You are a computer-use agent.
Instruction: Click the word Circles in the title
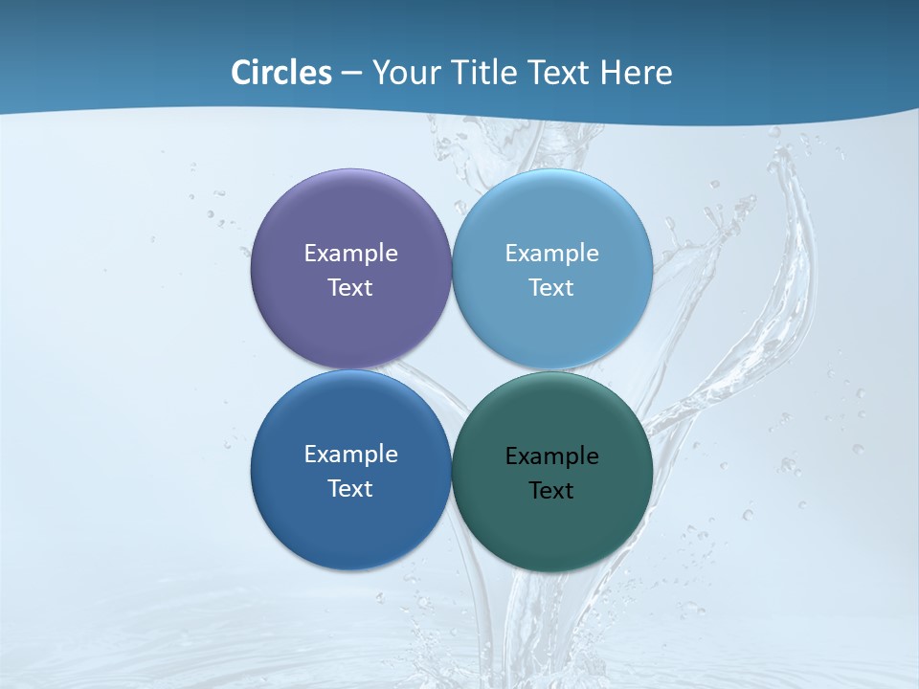(x=280, y=73)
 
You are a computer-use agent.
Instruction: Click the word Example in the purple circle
(x=350, y=254)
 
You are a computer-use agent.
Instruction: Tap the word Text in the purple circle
(x=350, y=288)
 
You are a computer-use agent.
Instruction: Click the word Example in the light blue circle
(x=552, y=254)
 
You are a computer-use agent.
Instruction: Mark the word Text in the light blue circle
(x=552, y=288)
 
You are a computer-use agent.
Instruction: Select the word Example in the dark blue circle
(x=350, y=455)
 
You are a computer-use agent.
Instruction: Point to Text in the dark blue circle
(x=350, y=489)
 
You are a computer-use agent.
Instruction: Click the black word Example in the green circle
(x=552, y=456)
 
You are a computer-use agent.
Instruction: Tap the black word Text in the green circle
(x=552, y=491)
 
